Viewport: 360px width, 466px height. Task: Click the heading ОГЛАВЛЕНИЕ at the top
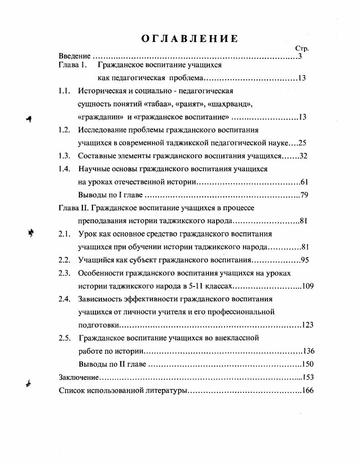[x=189, y=38]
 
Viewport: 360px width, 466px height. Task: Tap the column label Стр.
[x=302, y=48]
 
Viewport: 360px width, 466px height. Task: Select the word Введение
[x=75, y=56]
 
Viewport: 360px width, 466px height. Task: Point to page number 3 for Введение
[x=300, y=56]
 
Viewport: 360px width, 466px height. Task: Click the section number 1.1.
[x=64, y=91]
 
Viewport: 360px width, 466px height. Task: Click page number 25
[x=302, y=143]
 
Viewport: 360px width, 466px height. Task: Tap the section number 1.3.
[x=64, y=156]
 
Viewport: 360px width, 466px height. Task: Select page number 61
[x=304, y=182]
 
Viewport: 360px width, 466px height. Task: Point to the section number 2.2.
[x=64, y=260]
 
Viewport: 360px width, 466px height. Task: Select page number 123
[x=308, y=325]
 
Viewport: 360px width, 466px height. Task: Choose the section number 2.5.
[x=64, y=338]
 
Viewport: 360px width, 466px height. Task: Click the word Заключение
[x=79, y=377]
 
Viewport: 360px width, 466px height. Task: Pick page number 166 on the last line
[x=308, y=390]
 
